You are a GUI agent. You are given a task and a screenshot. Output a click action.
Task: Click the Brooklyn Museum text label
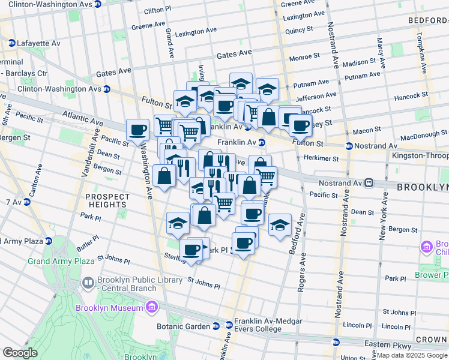pos(110,308)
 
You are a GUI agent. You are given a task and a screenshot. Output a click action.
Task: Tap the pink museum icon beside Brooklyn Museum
pos(151,308)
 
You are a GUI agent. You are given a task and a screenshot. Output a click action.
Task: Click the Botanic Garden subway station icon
pos(215,326)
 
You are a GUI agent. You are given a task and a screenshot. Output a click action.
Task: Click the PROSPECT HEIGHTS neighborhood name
pos(107,200)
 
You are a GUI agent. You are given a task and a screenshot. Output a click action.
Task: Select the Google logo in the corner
pos(20,353)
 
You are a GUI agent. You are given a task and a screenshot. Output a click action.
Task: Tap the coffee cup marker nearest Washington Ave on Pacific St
pos(137,129)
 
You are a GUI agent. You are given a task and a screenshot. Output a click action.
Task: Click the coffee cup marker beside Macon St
pos(300,125)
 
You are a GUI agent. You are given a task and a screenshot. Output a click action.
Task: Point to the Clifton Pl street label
pos(158,11)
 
